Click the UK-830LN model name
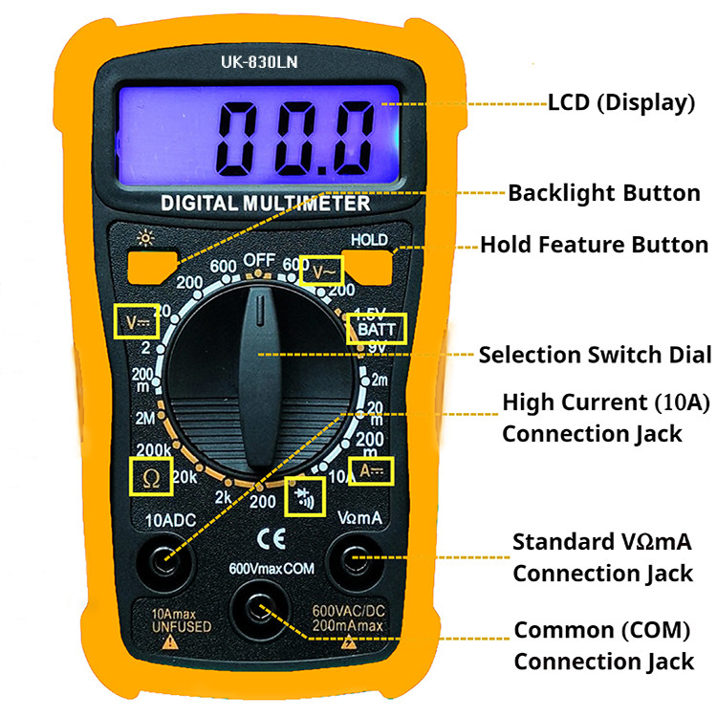[259, 62]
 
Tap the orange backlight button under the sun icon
[151, 267]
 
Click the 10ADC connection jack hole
[164, 562]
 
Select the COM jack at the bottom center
[259, 609]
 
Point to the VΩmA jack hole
[356, 559]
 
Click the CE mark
[272, 538]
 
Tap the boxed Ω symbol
[151, 477]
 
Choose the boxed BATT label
[377, 329]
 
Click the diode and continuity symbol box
[305, 496]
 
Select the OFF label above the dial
[259, 260]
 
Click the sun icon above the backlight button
[145, 238]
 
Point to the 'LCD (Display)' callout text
[621, 103]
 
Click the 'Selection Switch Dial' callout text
[595, 355]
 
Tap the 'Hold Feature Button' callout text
[594, 245]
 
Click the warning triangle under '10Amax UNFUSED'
[170, 642]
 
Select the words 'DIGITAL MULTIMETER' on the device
[265, 204]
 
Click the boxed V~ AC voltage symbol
[322, 272]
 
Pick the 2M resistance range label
[145, 418]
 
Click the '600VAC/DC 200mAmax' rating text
[348, 619]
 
